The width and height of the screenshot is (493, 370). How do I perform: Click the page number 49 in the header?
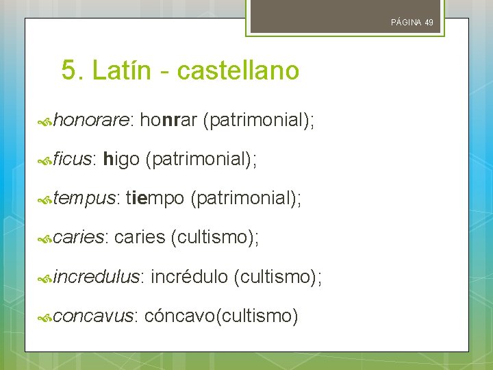click(429, 23)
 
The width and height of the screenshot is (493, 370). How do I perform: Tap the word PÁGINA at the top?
click(406, 23)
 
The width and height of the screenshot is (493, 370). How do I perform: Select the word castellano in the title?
click(238, 71)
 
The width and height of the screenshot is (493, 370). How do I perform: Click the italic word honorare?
click(91, 121)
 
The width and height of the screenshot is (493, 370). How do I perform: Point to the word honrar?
click(169, 121)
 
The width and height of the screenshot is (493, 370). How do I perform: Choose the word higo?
click(121, 160)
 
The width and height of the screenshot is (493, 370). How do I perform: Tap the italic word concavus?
click(95, 316)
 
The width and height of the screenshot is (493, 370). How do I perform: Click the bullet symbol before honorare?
click(45, 122)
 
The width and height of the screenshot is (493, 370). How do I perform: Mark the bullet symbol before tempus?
click(45, 200)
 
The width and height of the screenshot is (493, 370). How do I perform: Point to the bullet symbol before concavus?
click(45, 317)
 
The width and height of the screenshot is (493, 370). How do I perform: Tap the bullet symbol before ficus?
click(45, 161)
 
